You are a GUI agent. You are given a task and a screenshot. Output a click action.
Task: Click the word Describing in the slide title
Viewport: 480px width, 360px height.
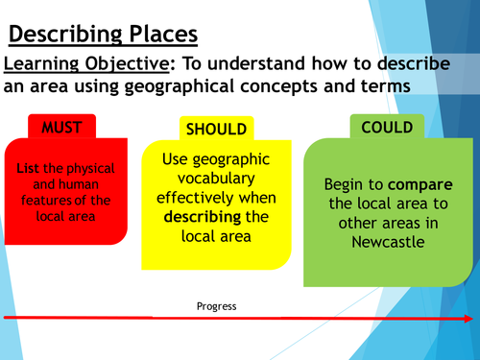[65, 36]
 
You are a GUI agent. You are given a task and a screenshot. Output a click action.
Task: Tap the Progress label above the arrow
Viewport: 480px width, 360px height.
[216, 306]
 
